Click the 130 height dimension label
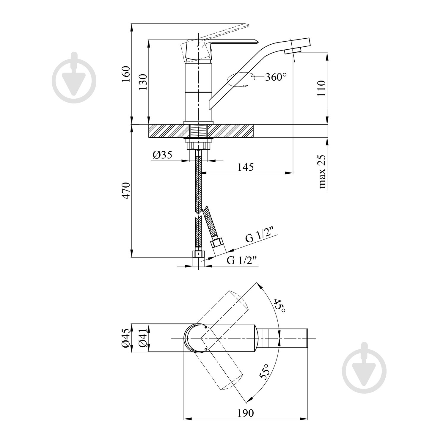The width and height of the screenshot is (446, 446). click(143, 82)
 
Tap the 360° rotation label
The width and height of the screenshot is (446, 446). click(276, 77)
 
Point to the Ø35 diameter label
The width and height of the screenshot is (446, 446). click(162, 155)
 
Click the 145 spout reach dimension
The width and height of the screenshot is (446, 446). click(246, 167)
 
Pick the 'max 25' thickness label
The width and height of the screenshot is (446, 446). click(322, 172)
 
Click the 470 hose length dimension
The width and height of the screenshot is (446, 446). click(126, 191)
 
